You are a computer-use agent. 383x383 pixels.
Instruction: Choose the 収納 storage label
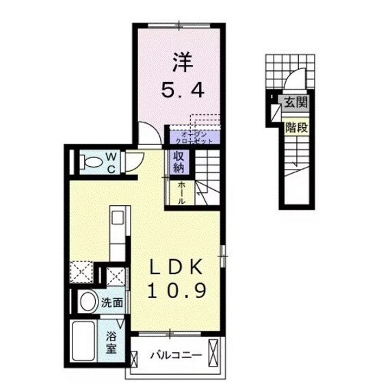[178, 163]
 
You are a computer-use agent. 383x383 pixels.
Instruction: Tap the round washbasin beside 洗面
[87, 301]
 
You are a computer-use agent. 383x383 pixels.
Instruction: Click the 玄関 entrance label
[297, 103]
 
